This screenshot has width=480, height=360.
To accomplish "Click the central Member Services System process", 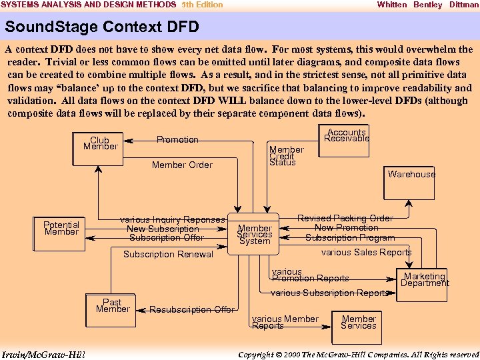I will pyautogui.click(x=255, y=234).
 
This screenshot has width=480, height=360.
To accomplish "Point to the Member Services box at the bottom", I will pyautogui.click(x=359, y=322).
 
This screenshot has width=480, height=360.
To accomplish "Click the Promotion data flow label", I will pyautogui.click(x=177, y=139).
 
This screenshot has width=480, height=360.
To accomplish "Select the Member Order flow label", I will pyautogui.click(x=182, y=165).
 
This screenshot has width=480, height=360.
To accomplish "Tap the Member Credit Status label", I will pyautogui.click(x=287, y=156).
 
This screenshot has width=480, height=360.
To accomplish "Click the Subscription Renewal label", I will pyautogui.click(x=168, y=254).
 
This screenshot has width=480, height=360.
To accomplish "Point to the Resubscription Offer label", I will pyautogui.click(x=192, y=309).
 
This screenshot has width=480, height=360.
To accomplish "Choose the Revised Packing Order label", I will pyautogui.click(x=345, y=218).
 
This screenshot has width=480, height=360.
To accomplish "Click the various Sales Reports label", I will pyautogui.click(x=366, y=252).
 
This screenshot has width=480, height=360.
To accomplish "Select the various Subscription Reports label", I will pyautogui.click(x=329, y=293).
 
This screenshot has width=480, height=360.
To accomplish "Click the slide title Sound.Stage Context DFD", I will pyautogui.click(x=101, y=28).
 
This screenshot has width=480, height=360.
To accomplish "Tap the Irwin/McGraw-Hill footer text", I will pyautogui.click(x=43, y=354).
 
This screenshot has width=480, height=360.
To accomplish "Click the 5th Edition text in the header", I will pyautogui.click(x=203, y=5).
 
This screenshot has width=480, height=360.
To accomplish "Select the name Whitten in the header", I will pyautogui.click(x=391, y=5).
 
